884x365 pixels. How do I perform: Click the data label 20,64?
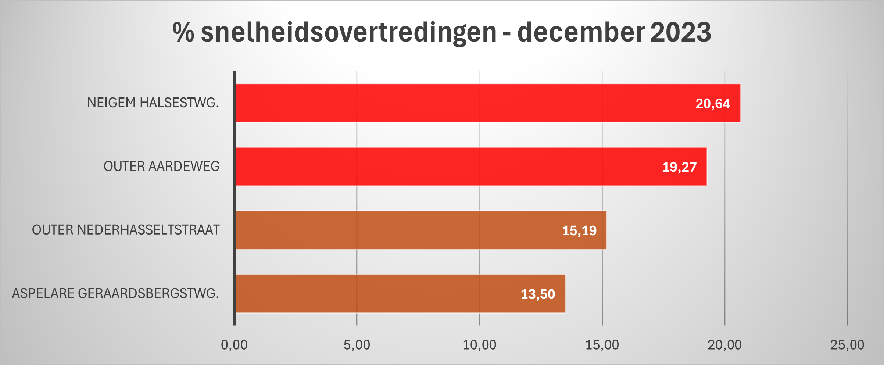(x=713, y=104)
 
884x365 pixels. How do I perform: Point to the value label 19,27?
(x=679, y=167)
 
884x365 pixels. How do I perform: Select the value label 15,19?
(x=579, y=231)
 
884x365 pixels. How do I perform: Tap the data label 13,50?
(x=538, y=294)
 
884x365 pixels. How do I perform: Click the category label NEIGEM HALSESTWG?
(x=153, y=103)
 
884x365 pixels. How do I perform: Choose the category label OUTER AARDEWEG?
(x=161, y=167)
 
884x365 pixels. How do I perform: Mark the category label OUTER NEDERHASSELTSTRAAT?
(x=126, y=230)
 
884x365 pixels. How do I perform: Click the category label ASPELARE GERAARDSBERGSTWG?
(x=115, y=294)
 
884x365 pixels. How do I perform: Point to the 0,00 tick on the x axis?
(x=234, y=345)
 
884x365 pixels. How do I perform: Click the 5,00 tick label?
(x=357, y=345)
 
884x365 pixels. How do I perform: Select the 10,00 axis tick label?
(x=479, y=345)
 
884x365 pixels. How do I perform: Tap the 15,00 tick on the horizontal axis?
(x=602, y=345)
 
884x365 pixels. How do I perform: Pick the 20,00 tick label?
(x=724, y=345)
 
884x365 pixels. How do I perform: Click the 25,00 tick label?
(x=847, y=345)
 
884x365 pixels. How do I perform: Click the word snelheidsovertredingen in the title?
(x=348, y=32)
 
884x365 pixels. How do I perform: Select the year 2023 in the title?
(x=680, y=32)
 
